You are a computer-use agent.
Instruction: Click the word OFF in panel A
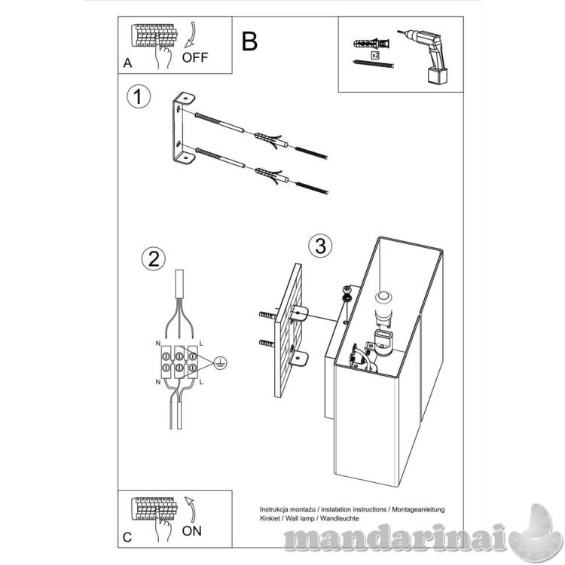[x=195, y=57]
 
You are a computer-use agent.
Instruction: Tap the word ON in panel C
[x=191, y=531]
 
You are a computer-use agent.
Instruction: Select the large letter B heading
[x=249, y=41]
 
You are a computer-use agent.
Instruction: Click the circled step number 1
[x=139, y=96]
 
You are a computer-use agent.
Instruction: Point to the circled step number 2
[x=154, y=259]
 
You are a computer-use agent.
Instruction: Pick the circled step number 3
[x=320, y=246]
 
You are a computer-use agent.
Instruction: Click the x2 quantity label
[x=375, y=55]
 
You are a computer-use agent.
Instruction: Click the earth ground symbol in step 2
[x=220, y=363]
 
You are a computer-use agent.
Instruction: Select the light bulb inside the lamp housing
[x=383, y=307]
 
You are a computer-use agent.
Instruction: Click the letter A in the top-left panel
[x=127, y=63]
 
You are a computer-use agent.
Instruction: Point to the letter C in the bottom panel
[x=127, y=537]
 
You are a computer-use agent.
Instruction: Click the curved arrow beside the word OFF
[x=192, y=35]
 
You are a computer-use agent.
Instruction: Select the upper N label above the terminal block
[x=158, y=344]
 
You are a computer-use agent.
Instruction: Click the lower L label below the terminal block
[x=201, y=382]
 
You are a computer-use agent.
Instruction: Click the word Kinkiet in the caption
[x=268, y=518]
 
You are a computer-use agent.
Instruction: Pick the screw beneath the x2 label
[x=373, y=64]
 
